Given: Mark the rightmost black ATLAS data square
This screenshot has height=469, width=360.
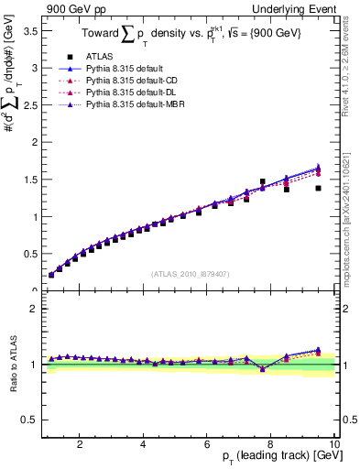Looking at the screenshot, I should pyautogui.click(x=318, y=188).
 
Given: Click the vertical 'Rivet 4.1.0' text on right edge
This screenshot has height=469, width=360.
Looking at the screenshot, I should pyautogui.click(x=350, y=69).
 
